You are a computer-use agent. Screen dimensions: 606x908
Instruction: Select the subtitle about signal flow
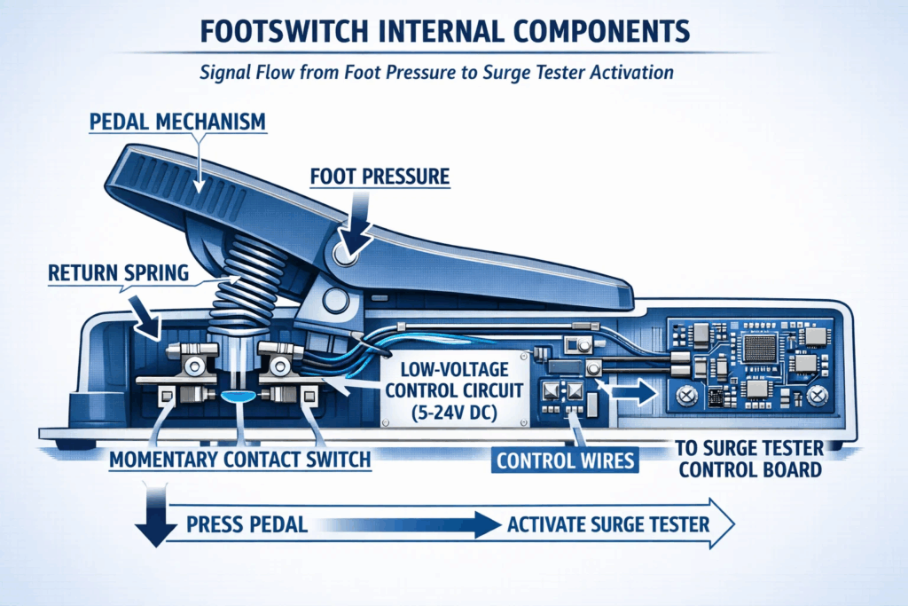pos(453,72)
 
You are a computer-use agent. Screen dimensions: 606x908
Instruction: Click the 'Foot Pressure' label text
pos(380,177)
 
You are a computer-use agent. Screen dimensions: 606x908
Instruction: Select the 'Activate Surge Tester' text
pos(608,524)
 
